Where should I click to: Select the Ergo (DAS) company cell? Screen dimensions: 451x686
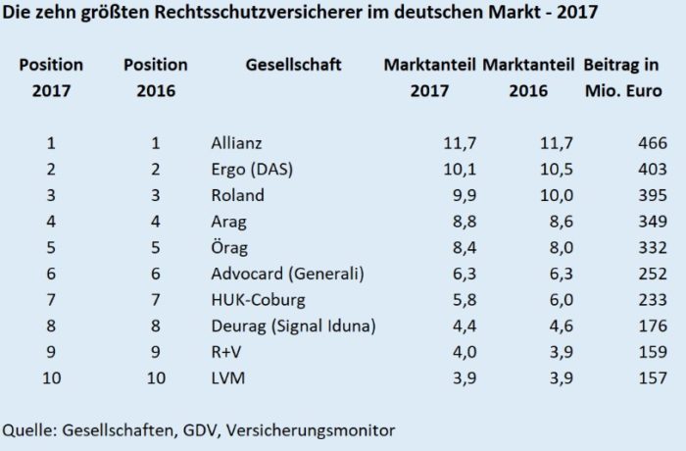pos(253,170)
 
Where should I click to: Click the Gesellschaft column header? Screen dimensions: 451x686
pos(293,65)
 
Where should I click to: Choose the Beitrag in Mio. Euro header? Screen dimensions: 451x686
pos(624,78)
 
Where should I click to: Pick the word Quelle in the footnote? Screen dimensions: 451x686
pos(27,428)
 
